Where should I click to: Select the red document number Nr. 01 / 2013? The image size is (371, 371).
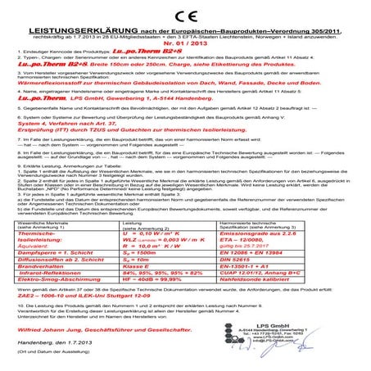click(x=185, y=44)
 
